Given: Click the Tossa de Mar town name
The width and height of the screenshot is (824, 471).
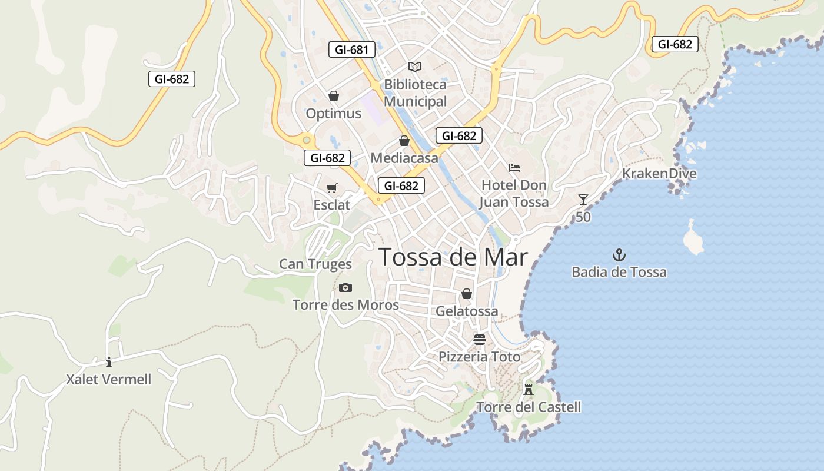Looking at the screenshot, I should point(453,257).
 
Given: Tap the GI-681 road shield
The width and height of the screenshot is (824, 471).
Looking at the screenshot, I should point(352,49).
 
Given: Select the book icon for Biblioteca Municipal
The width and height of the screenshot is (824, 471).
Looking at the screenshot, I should point(415,67).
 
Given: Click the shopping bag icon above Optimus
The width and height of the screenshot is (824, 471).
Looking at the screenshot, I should point(334,96).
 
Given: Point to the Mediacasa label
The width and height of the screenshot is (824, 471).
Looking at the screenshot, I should point(404,158).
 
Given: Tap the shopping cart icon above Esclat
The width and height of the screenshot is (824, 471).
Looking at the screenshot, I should point(332,188).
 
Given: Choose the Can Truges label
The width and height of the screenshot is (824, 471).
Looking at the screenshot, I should point(315,264).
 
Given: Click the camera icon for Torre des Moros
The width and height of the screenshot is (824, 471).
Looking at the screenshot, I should point(345,287).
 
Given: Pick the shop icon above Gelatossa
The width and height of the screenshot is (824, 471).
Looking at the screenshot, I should point(467,293).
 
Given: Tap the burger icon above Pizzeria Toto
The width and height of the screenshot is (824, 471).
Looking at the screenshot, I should point(480,339).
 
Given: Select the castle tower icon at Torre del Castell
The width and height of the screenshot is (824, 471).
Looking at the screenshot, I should point(529,389).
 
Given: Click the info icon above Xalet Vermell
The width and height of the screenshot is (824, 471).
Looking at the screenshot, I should point(109,362).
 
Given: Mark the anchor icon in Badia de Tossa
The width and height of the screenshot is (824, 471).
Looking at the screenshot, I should point(619,255).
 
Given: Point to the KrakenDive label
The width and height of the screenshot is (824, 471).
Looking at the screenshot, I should point(659,174).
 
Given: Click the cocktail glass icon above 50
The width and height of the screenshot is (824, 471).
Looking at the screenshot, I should point(583,200).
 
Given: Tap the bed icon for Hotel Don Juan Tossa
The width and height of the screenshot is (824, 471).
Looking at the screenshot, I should point(514,168).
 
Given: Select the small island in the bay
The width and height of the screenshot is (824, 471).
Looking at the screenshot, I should point(693,238).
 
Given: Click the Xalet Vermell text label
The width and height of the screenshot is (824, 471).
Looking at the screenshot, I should point(109,380).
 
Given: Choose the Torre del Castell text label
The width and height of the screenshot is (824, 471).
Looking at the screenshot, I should point(529,407).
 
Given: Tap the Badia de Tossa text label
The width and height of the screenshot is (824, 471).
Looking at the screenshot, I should point(619,272).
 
